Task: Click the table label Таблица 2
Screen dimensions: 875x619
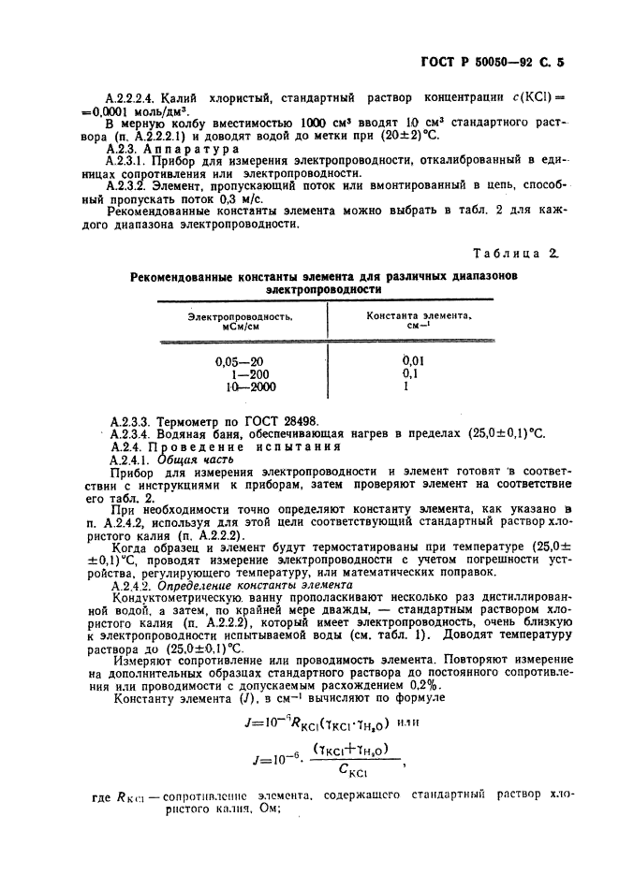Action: click(515, 253)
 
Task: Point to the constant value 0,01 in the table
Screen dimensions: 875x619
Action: click(412, 361)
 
